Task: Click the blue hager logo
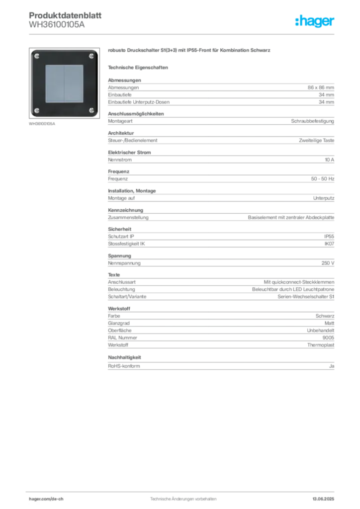pos(315,22)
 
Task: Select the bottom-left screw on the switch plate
pos(37,110)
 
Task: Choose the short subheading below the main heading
pos(139,67)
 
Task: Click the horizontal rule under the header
pos(182,33)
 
